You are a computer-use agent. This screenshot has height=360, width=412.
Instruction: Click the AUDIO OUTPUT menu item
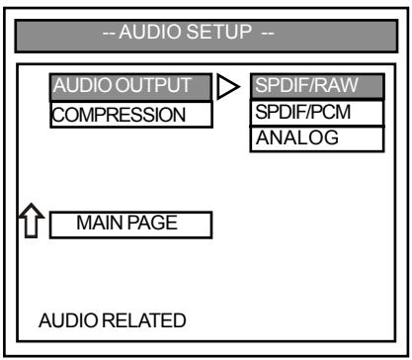pos(130,87)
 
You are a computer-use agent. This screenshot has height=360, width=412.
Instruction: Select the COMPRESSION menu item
pos(130,116)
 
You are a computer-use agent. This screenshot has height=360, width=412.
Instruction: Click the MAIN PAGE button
pos(129,224)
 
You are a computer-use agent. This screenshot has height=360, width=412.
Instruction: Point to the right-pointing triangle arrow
pos(228,89)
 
